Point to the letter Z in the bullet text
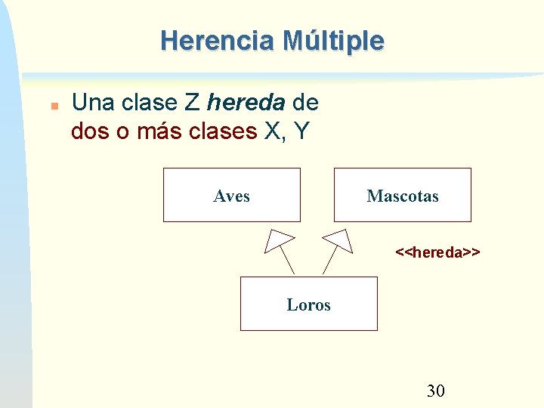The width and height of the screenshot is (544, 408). (x=191, y=102)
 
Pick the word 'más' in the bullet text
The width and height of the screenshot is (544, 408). (x=157, y=131)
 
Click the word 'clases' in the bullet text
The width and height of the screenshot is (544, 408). (x=223, y=131)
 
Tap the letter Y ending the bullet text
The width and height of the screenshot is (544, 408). (x=301, y=131)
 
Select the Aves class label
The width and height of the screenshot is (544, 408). (x=231, y=196)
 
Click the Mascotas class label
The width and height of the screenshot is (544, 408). (x=402, y=196)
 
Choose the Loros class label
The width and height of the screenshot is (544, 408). (x=308, y=305)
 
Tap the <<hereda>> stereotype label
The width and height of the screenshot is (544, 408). (x=438, y=252)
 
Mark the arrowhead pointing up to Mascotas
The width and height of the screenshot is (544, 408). (x=338, y=239)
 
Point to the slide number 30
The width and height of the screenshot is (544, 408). (x=436, y=391)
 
